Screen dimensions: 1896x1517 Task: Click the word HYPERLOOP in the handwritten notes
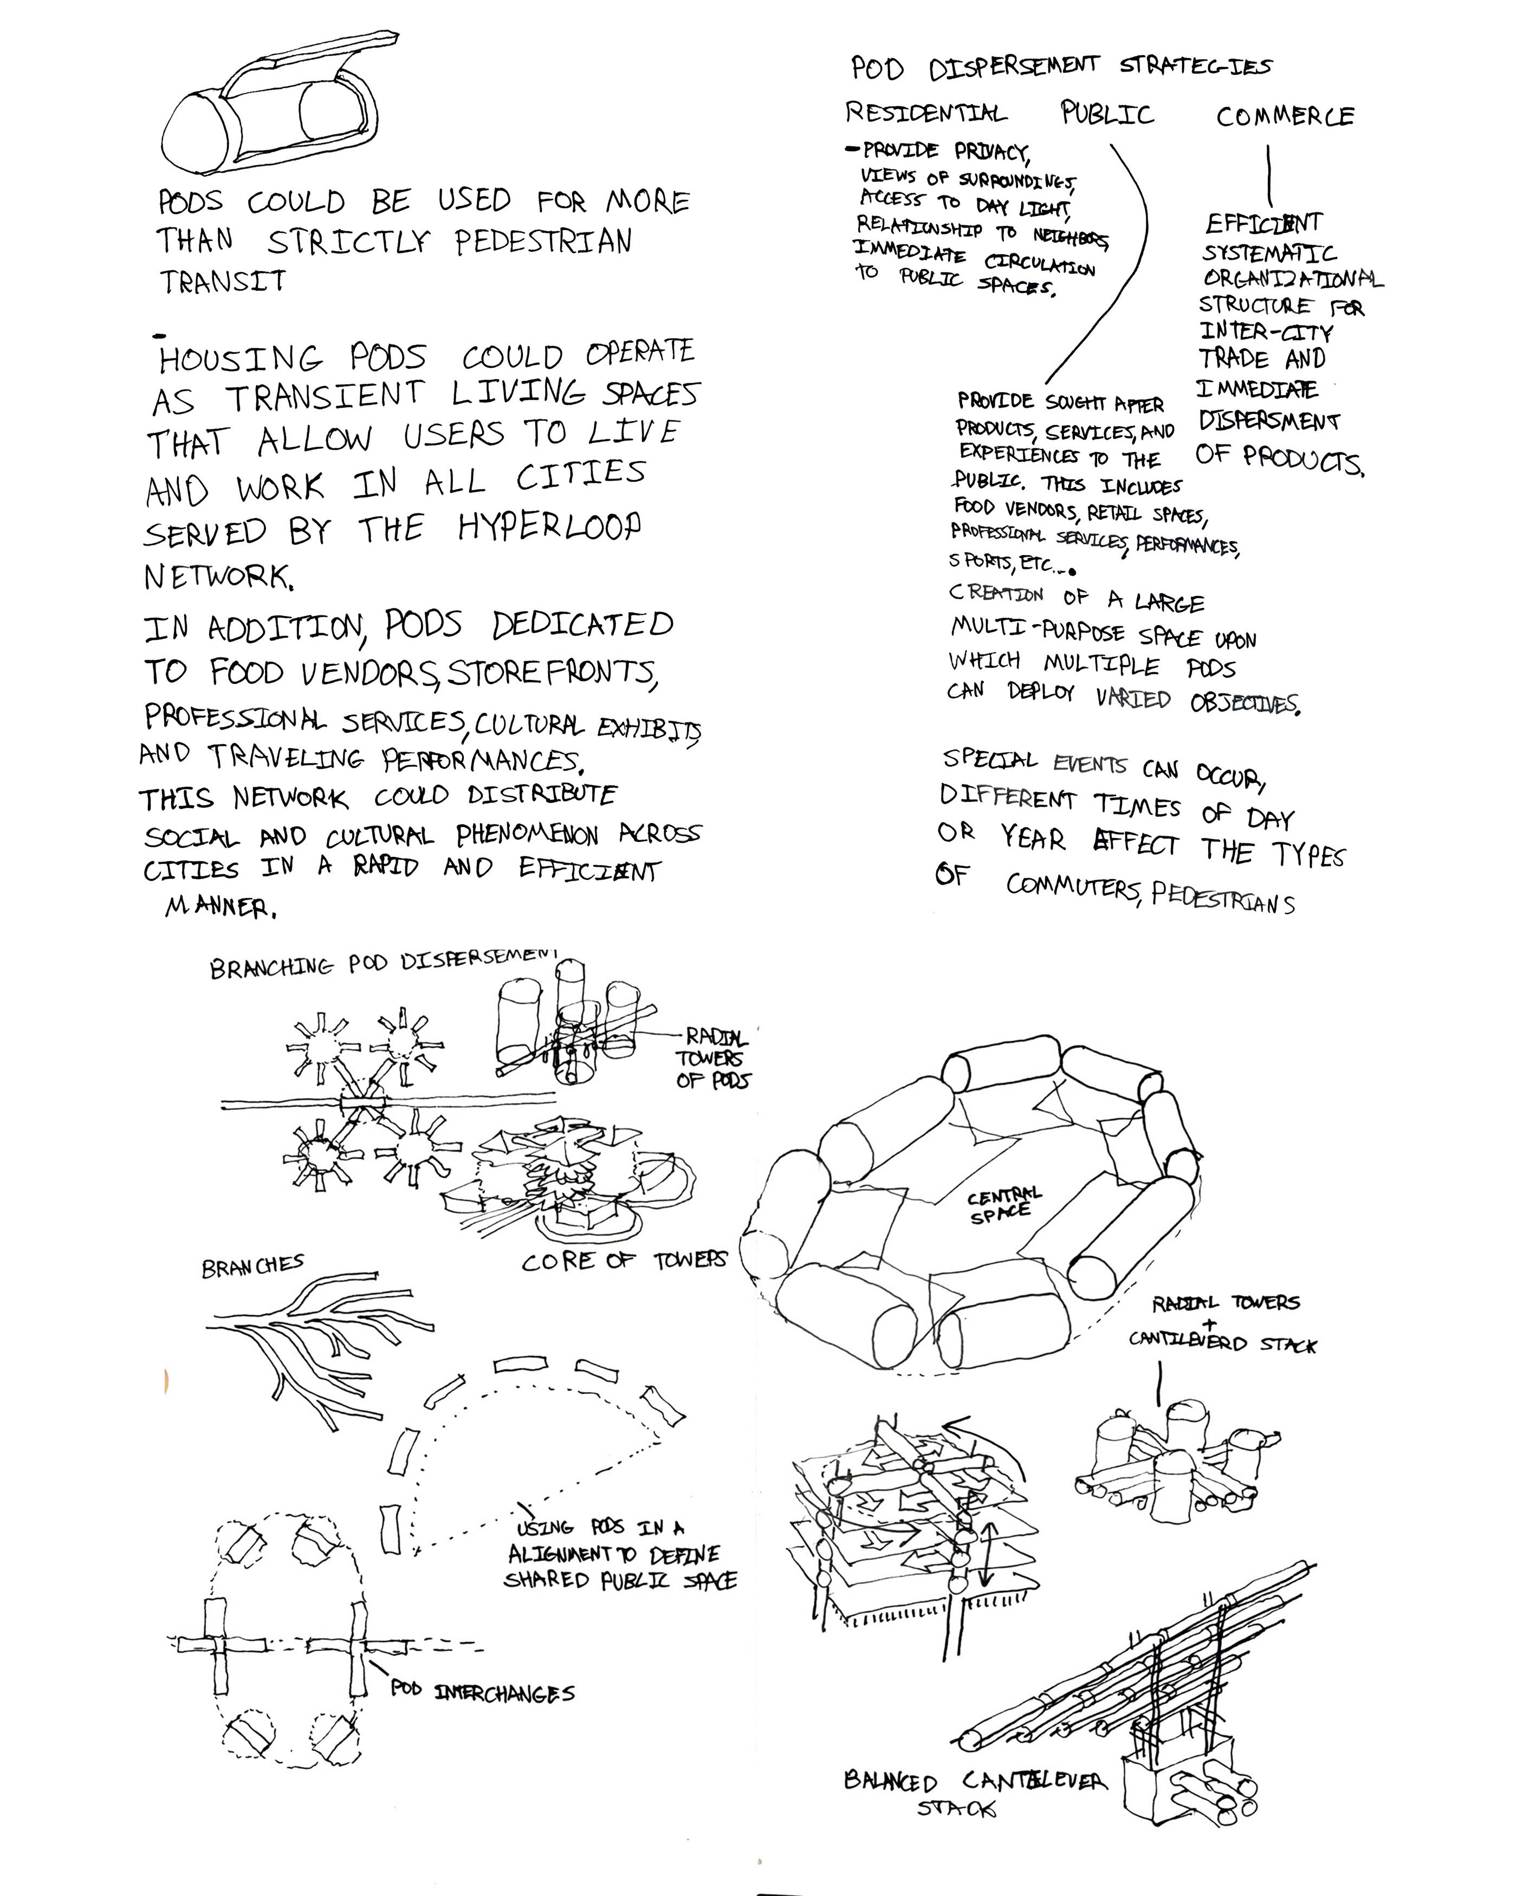coord(549,527)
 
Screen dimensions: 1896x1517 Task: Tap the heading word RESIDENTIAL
coord(925,113)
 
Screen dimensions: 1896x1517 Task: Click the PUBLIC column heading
coord(1106,113)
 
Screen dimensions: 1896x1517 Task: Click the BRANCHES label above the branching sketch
coord(252,1267)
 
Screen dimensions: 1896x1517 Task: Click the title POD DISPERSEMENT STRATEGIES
coord(1060,67)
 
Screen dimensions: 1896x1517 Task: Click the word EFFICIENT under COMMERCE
coord(1263,223)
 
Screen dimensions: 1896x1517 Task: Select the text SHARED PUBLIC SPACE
coord(619,1580)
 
